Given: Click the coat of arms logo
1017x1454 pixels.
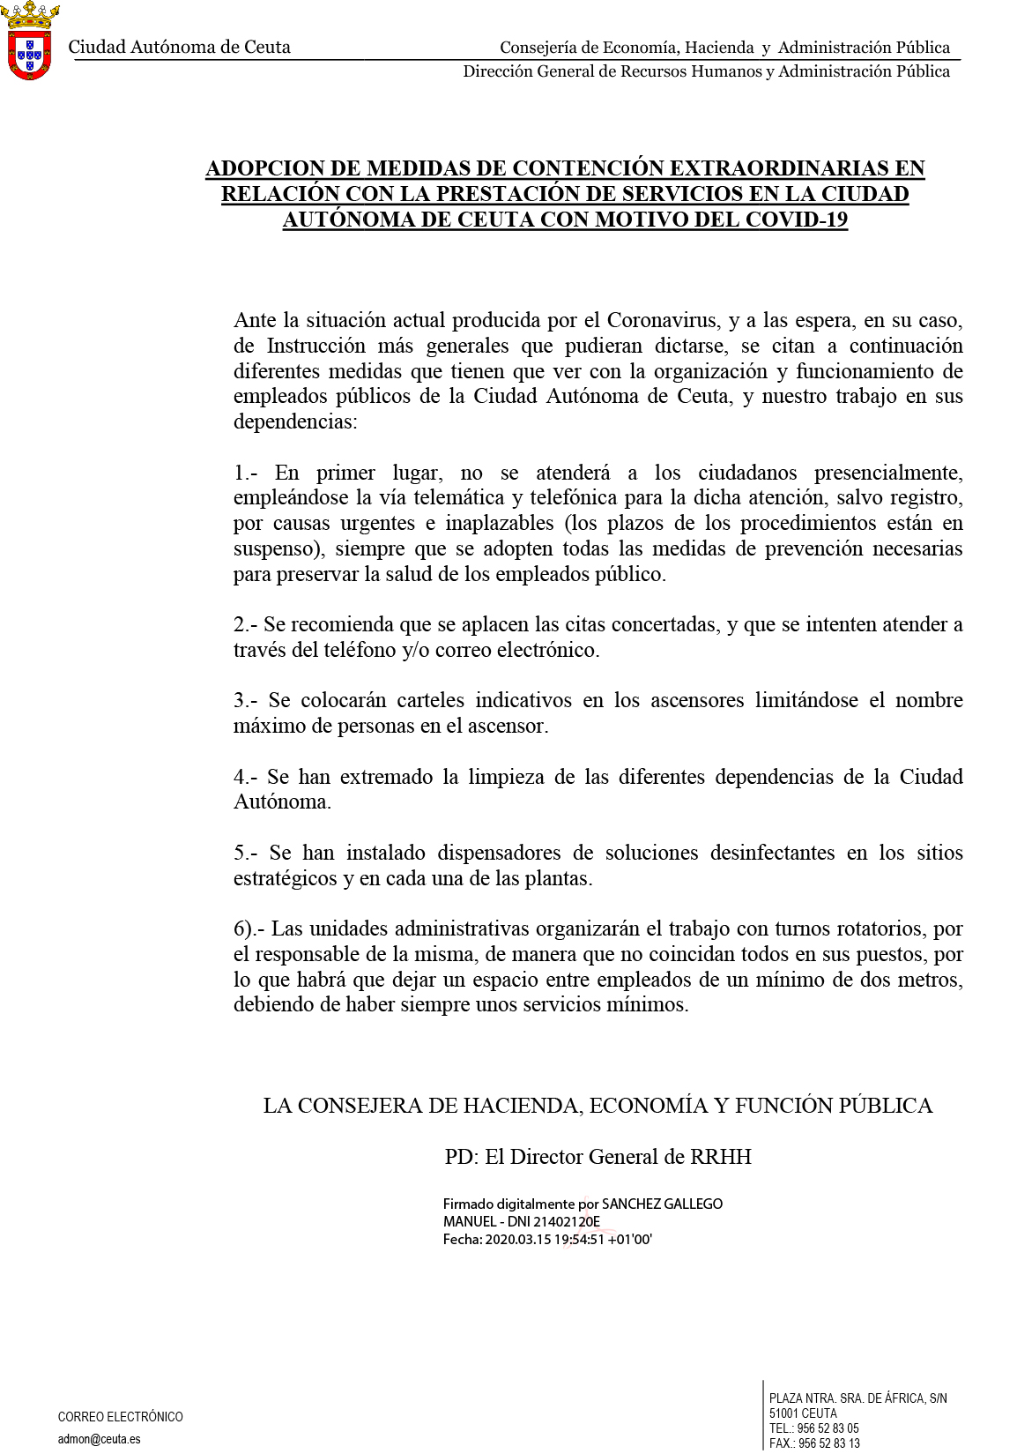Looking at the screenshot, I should coord(30,41).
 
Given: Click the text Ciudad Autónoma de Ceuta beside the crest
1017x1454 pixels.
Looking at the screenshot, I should coord(179,48).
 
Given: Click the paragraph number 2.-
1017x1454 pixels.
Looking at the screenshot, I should coord(245,624).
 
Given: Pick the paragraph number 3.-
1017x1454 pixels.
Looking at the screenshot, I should coord(245,700).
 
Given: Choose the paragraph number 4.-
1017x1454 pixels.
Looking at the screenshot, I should coord(245,777).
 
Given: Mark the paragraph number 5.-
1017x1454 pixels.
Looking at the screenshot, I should coord(245,853).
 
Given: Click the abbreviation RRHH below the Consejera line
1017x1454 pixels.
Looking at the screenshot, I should coord(721,1157).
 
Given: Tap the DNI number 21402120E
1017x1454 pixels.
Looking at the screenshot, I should coord(567,1222).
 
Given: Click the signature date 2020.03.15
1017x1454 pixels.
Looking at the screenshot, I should coord(517,1240).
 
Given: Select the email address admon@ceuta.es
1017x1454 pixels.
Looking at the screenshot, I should coord(99,1440).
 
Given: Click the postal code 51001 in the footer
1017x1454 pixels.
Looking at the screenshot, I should coord(783,1413).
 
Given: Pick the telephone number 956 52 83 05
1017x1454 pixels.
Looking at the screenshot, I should coord(828,1428).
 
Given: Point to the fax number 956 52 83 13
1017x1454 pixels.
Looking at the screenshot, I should coord(828,1443).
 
